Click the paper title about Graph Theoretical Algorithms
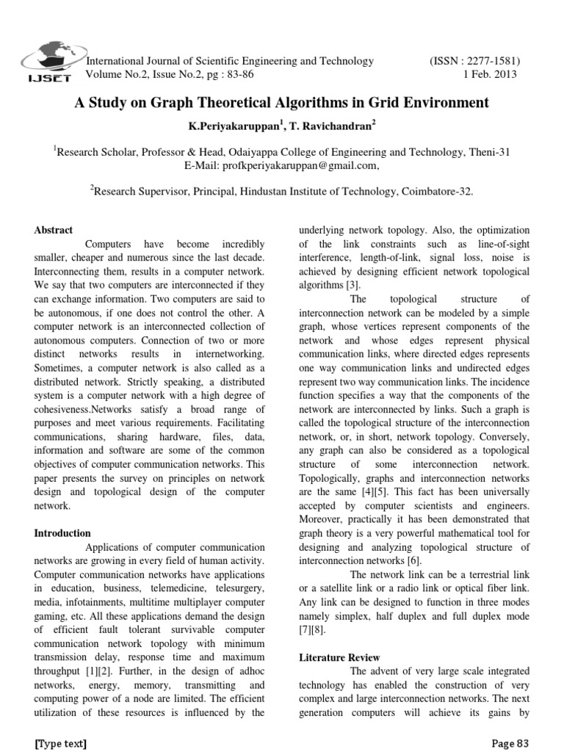tap(282, 103)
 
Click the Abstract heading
tap(54, 230)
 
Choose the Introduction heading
tap(62, 533)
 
